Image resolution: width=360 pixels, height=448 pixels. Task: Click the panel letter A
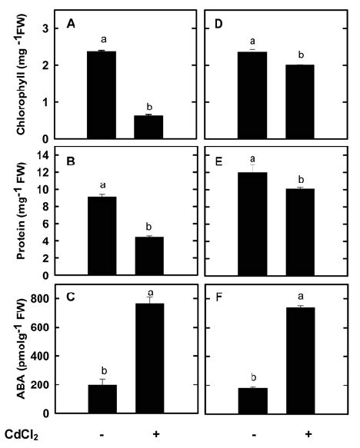coord(71,24)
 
